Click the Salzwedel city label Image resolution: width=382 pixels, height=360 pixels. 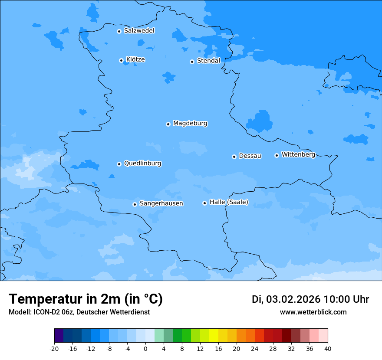click(139, 31)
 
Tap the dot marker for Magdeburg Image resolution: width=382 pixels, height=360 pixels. click(168, 124)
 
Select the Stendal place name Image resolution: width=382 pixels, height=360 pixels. click(208, 61)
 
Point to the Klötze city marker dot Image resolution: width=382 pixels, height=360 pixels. click(121, 60)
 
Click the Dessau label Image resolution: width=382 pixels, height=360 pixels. click(250, 156)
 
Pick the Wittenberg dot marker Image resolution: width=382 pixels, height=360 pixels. click(277, 155)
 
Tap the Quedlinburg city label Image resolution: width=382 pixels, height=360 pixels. click(142, 164)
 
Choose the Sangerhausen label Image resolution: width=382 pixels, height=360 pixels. click(161, 203)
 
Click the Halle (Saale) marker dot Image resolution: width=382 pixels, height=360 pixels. click(204, 203)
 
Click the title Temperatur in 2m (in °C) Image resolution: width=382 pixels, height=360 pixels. click(86, 299)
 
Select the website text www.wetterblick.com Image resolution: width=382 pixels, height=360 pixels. click(313, 312)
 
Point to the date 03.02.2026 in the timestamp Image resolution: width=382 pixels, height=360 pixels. click(293, 299)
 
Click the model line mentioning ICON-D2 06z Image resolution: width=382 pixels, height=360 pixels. click(79, 312)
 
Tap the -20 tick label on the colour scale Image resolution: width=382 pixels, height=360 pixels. click(54, 348)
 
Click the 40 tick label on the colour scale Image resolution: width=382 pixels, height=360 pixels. click(328, 348)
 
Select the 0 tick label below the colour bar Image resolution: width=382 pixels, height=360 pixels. click(145, 348)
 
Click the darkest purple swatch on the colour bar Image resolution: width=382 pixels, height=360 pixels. click(59, 336)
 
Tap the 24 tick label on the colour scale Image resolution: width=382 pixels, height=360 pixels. click(255, 348)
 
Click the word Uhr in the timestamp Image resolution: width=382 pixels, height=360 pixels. click(361, 299)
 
